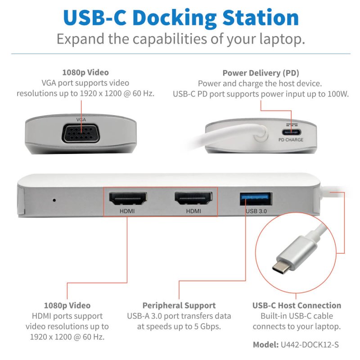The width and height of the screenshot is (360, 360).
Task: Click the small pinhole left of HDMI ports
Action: [x=54, y=199]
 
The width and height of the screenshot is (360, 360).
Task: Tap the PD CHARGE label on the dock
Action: [x=290, y=140]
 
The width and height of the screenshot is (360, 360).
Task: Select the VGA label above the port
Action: [x=81, y=120]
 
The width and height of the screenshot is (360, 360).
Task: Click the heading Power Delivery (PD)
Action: [x=261, y=73]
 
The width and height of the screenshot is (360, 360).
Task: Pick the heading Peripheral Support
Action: [x=179, y=305]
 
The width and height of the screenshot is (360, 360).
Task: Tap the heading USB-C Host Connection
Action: [x=297, y=305]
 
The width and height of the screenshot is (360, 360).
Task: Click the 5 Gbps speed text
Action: [x=205, y=326]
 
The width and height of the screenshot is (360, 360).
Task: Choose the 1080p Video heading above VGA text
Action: [x=85, y=72]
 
